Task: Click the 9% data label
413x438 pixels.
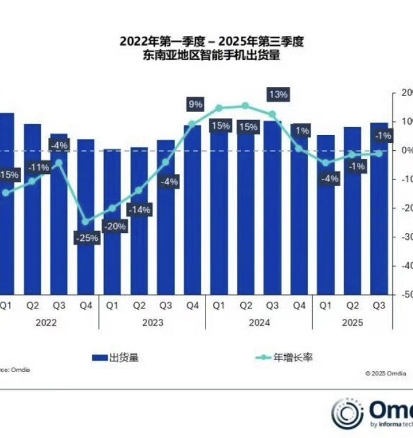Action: [x=195, y=105]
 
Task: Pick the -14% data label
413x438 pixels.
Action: [x=139, y=209]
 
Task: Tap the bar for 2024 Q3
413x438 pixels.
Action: [x=272, y=207]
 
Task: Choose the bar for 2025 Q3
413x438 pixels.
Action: [x=379, y=207]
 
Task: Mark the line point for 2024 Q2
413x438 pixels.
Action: [x=245, y=105]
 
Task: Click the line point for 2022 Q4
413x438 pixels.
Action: [x=85, y=221]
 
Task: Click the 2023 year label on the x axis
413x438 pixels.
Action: [x=152, y=322]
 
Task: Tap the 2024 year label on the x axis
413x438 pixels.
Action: [x=259, y=322]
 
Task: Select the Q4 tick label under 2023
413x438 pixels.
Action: [x=192, y=305]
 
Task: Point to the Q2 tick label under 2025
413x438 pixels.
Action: [x=352, y=305]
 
